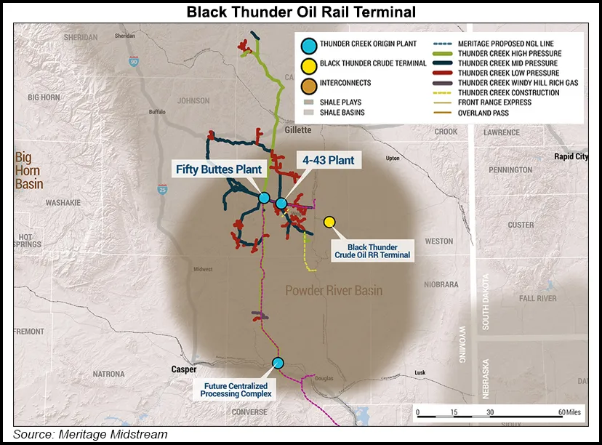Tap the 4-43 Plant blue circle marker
pos(281,204)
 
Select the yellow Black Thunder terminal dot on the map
pos(329,222)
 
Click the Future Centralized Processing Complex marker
pos(277,363)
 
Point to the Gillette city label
pos(298,130)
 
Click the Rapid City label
pos(571,156)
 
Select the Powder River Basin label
pos(334,291)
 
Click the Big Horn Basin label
pos(30,170)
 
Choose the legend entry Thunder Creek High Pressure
pos(510,54)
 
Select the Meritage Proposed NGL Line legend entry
pos(506,44)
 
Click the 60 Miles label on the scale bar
pos(569,412)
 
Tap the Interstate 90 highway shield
pos(133,63)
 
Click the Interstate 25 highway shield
pos(161,191)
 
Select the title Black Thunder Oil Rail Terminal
pos(301,11)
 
